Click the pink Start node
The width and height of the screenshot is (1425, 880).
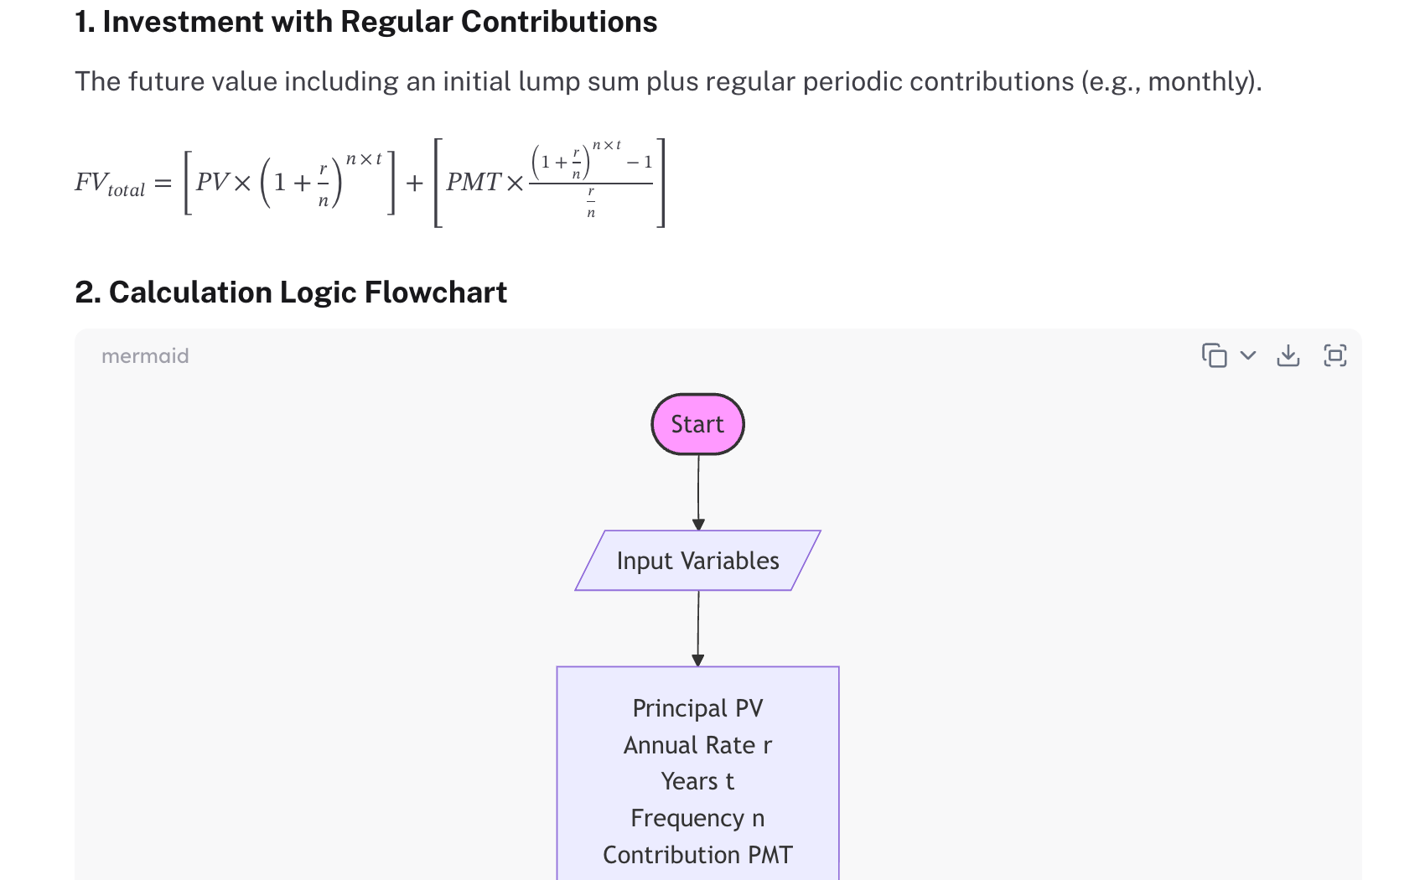pos(697,424)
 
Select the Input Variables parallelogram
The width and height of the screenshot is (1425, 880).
pos(697,561)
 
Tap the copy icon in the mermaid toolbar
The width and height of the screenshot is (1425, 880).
pos(1214,356)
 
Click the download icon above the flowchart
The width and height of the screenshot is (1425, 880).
pos(1288,356)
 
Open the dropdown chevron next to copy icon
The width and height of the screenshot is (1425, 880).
pos(1248,355)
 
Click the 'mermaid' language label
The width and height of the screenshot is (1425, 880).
pos(145,356)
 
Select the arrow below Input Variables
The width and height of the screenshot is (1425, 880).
pos(698,629)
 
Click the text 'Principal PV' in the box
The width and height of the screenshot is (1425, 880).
pos(697,708)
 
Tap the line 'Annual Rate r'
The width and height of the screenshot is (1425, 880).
pos(697,745)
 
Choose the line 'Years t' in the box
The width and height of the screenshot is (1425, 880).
pos(697,781)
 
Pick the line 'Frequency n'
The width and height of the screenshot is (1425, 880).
pos(697,818)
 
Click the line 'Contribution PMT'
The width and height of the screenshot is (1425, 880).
pos(697,855)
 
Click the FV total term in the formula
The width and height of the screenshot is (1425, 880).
pos(110,184)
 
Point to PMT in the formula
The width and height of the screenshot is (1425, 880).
pos(474,182)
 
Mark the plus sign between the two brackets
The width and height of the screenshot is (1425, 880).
pos(414,183)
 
